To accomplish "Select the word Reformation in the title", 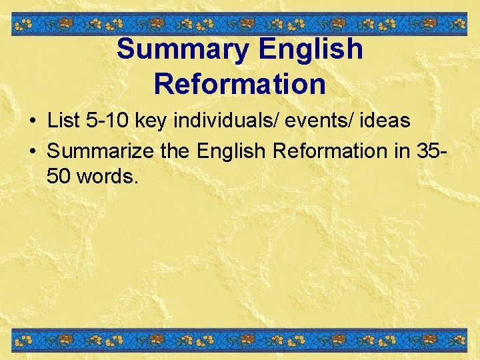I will [240, 85].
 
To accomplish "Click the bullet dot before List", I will [32, 122].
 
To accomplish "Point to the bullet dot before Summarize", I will [32, 151].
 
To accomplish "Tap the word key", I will [150, 122].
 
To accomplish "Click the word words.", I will [108, 177].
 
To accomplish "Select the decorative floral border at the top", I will [240, 25].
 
